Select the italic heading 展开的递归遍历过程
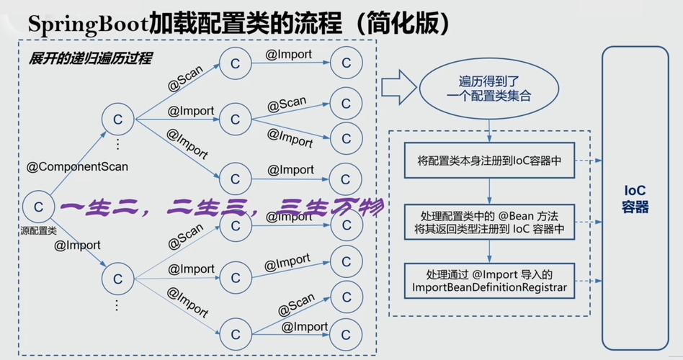point(91,58)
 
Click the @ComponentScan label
point(77,167)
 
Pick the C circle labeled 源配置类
point(38,207)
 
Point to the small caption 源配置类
point(38,231)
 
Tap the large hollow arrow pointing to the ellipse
point(398,87)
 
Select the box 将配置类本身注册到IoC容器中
point(489,161)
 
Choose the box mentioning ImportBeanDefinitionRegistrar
point(489,281)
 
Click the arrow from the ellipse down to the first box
point(490,130)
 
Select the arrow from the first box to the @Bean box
point(490,191)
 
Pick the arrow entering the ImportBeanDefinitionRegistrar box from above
point(490,251)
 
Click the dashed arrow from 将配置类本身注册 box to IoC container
point(589,161)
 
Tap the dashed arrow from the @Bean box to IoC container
point(589,222)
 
